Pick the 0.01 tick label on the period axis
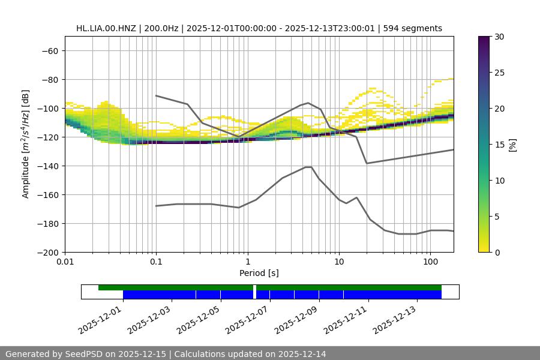65,262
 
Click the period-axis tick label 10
338,262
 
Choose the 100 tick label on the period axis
430,262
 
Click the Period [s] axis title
259,273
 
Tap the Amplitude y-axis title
26,144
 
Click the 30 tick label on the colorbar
499,37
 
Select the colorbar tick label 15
499,145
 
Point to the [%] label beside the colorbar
512,145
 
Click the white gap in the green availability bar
255,288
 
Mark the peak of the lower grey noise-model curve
308,167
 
